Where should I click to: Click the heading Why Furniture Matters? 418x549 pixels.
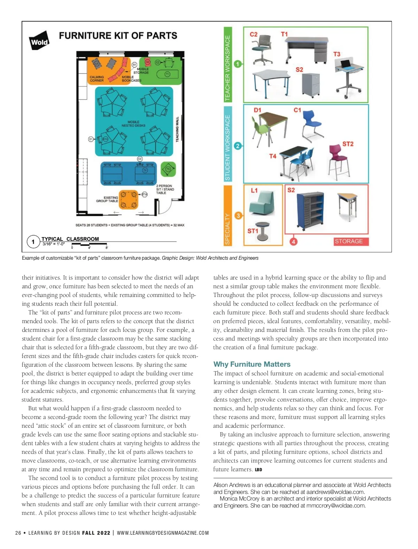[x=252, y=364]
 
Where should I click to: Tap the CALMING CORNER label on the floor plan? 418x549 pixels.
[x=96, y=79]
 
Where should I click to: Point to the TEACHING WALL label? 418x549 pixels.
[x=177, y=129]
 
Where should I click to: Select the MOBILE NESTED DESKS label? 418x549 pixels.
[x=133, y=124]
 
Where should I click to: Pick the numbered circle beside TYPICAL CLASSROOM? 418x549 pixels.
[x=33, y=242]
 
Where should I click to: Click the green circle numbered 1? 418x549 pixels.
[x=238, y=64]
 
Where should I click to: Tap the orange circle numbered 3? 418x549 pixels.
[x=238, y=216]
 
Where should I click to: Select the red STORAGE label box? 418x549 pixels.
[x=349, y=241]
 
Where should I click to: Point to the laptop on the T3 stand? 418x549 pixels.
[x=346, y=64]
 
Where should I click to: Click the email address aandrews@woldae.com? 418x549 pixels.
[x=335, y=492]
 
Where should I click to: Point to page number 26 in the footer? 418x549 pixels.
[x=18, y=533]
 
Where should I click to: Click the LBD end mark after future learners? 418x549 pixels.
[x=258, y=470]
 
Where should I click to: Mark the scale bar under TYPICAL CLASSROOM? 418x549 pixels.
[x=90, y=245]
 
